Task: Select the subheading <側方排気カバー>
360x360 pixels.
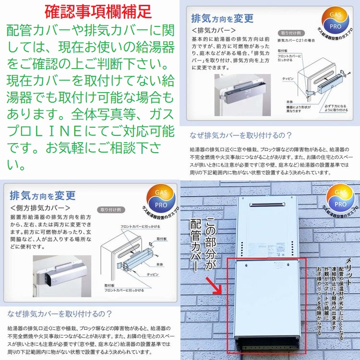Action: coord(40,208)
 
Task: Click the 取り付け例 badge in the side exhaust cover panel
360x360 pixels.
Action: coord(110,210)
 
